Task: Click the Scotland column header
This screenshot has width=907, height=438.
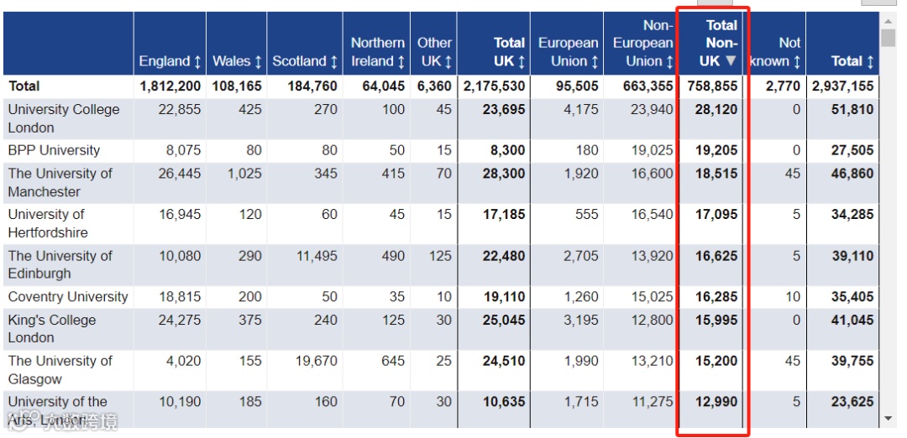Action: pyautogui.click(x=304, y=61)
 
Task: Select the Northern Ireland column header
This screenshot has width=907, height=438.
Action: pyautogui.click(x=377, y=52)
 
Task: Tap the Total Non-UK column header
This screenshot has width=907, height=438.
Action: pyautogui.click(x=719, y=43)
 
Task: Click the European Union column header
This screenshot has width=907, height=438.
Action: pyautogui.click(x=569, y=52)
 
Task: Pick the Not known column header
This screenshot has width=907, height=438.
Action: pyautogui.click(x=775, y=52)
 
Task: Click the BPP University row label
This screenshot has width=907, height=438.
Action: pyautogui.click(x=54, y=151)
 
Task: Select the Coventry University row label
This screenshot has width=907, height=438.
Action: pyautogui.click(x=68, y=297)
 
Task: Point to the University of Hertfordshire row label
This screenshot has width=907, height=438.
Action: pyautogui.click(x=48, y=223)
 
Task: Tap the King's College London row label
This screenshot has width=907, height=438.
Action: pyautogui.click(x=52, y=328)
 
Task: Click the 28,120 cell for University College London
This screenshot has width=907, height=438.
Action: pyautogui.click(x=716, y=110)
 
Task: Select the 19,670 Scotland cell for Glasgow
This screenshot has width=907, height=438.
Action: pyautogui.click(x=317, y=361)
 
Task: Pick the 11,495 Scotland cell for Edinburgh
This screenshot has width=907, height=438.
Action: pyautogui.click(x=317, y=256)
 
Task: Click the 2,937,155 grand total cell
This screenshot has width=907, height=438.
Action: pyautogui.click(x=842, y=86)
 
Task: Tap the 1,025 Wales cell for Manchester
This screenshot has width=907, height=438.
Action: pyautogui.click(x=244, y=174)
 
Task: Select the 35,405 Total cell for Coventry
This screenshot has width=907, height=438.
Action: pyautogui.click(x=852, y=297)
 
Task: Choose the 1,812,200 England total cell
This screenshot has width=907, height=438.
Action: pyautogui.click(x=170, y=86)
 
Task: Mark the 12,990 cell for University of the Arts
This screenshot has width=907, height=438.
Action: pyautogui.click(x=716, y=402)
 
